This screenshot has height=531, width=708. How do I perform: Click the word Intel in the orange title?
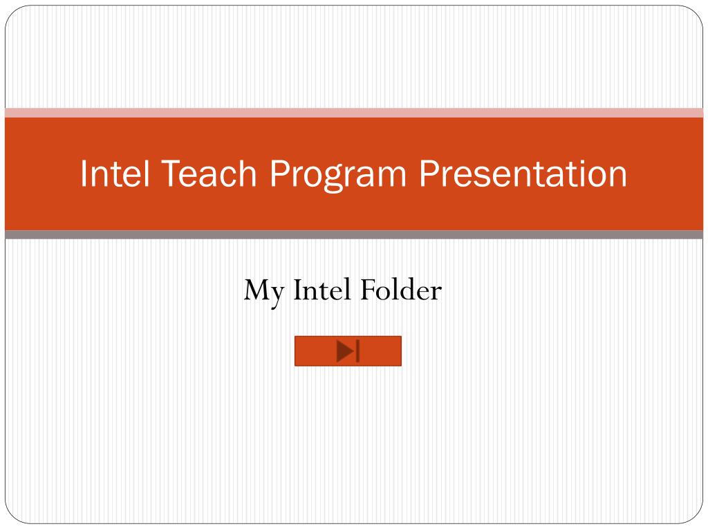(x=115, y=173)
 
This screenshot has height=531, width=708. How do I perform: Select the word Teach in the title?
(x=209, y=173)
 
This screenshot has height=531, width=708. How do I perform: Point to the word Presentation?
(x=523, y=173)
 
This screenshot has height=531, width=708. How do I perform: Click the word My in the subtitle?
(x=264, y=292)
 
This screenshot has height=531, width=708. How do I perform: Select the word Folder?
(x=401, y=290)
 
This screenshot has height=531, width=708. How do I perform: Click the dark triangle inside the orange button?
(x=346, y=351)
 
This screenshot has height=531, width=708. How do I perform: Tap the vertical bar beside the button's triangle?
(x=357, y=351)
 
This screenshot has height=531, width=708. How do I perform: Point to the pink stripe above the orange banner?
(x=354, y=113)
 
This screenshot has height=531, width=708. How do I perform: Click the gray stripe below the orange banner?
(x=354, y=234)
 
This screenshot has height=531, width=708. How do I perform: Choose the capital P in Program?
(x=280, y=173)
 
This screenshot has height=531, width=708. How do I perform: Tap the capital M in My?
(x=257, y=290)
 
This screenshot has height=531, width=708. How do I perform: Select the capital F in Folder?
(x=369, y=290)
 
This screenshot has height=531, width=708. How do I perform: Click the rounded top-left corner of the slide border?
(x=11, y=12)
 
